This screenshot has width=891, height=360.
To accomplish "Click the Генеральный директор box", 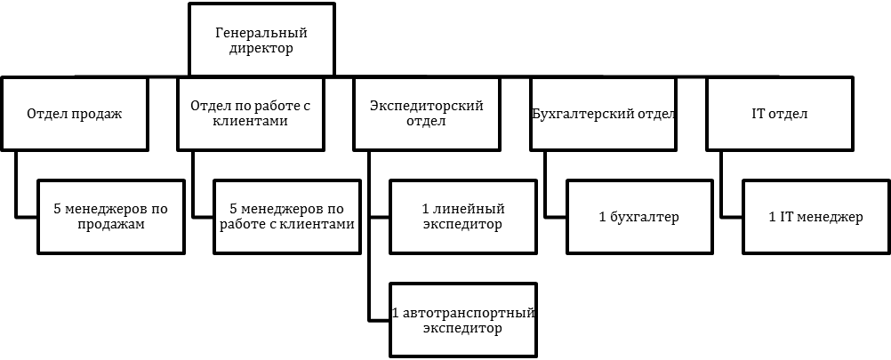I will click(261, 40).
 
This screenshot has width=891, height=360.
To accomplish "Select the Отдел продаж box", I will click(75, 114).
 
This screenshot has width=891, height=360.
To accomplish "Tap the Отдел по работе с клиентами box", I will click(250, 114).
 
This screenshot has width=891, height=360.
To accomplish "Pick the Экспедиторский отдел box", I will click(426, 114).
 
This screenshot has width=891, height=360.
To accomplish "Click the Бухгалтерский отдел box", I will click(603, 114).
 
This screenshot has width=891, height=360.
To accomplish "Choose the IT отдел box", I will click(779, 114).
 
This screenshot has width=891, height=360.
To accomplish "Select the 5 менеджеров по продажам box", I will click(111, 217).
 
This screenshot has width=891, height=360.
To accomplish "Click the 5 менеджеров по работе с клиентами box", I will click(287, 217).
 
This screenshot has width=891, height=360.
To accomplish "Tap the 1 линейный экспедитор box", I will click(462, 217).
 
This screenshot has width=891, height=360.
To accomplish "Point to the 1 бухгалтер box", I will click(639, 217).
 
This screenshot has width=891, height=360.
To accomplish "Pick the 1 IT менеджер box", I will click(815, 217).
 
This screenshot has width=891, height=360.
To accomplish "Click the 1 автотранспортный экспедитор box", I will click(462, 320).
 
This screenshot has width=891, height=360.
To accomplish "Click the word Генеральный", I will click(261, 33).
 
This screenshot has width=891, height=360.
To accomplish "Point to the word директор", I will click(261, 49).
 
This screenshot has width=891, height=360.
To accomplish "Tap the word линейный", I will click(469, 209).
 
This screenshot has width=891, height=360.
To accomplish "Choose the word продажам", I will click(111, 225).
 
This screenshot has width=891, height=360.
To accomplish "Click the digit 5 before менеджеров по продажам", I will click(58, 209).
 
